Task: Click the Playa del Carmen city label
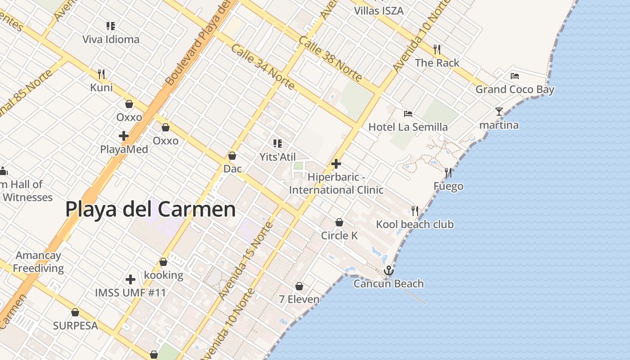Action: click(x=150, y=210)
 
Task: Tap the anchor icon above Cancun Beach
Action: click(x=388, y=270)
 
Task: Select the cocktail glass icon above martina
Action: click(x=499, y=111)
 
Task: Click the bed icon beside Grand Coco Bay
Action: click(x=515, y=76)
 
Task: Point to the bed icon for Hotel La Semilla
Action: click(x=408, y=114)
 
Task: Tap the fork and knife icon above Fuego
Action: click(x=448, y=172)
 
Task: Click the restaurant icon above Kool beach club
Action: click(x=415, y=211)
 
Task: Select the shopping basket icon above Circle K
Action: click(x=339, y=222)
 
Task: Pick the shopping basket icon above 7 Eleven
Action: click(x=299, y=286)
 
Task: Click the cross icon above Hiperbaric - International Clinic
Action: click(x=336, y=164)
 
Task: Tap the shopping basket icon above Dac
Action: click(x=232, y=156)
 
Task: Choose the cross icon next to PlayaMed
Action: click(x=124, y=135)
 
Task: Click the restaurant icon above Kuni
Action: click(x=102, y=74)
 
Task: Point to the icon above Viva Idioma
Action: click(x=111, y=26)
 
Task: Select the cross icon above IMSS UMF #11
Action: click(x=130, y=279)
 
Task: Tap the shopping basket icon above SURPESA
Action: click(x=75, y=312)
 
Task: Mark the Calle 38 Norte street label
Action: click(x=330, y=58)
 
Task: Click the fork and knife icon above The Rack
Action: click(x=437, y=49)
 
